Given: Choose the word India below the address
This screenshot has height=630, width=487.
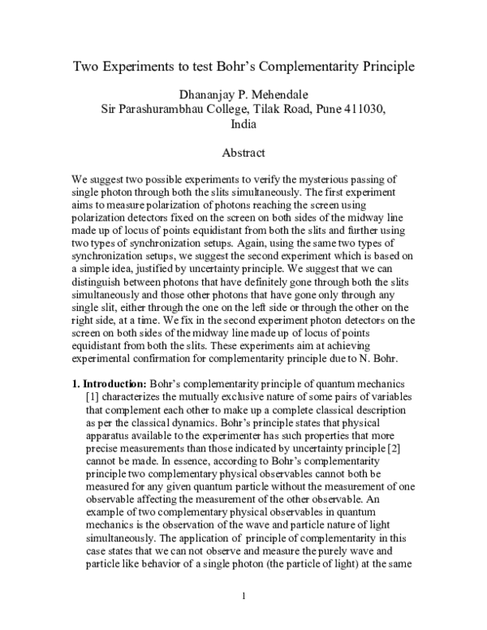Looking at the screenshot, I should [243, 125].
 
